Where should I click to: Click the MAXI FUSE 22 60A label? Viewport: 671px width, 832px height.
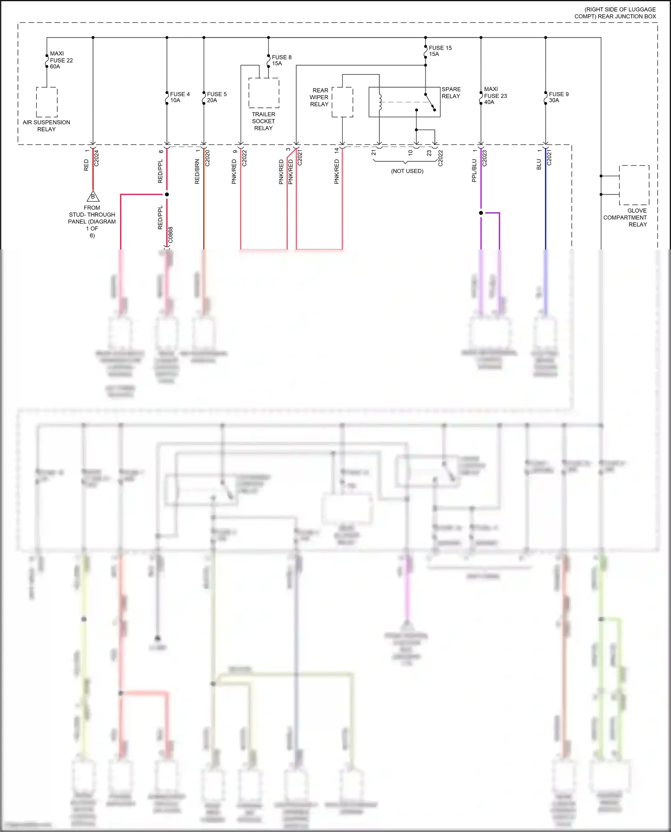(61, 60)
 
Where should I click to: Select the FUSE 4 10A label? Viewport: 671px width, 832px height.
(180, 97)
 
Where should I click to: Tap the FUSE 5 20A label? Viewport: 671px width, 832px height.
(217, 97)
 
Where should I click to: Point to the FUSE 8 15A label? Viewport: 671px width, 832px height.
(281, 60)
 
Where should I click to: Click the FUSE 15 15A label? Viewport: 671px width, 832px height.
(440, 51)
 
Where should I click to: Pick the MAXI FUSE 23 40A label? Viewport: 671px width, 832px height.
(495, 96)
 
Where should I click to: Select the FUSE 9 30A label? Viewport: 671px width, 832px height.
(558, 97)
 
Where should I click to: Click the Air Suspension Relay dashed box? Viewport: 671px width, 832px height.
(47, 102)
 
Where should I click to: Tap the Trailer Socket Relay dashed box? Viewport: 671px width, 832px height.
(263, 93)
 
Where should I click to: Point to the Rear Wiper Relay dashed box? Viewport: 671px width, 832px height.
(342, 102)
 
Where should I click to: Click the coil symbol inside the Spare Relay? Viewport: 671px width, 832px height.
(380, 102)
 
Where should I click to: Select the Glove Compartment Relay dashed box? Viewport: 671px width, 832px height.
(634, 185)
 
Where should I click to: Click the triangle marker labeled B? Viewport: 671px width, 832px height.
(93, 196)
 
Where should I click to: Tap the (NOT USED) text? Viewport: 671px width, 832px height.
(407, 171)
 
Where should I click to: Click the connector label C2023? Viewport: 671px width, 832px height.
(484, 158)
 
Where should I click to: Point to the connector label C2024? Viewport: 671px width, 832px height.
(97, 158)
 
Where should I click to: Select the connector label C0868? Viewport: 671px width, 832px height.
(170, 235)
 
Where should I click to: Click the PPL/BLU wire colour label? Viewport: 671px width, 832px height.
(474, 171)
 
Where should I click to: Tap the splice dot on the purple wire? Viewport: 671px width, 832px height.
(481, 213)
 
